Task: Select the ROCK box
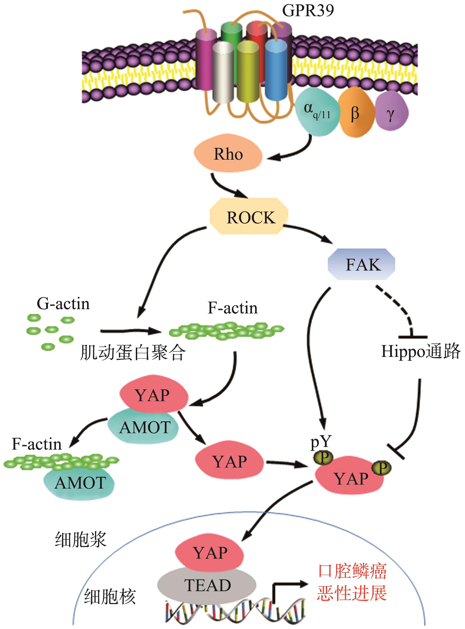249,217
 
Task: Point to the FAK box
362,264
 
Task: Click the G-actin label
63,304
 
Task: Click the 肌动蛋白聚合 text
133,353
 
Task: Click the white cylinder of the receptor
223,72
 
